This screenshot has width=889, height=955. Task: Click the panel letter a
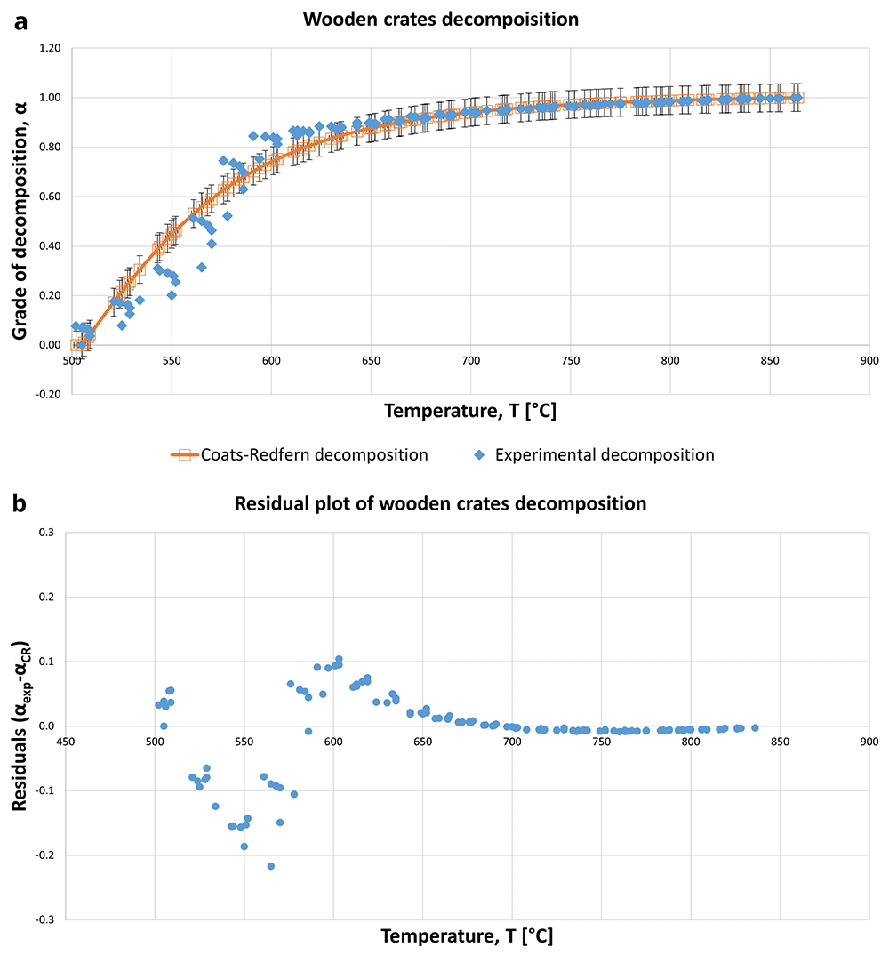click(x=20, y=22)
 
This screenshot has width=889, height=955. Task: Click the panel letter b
click(x=20, y=503)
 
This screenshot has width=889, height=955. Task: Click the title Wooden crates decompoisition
click(x=441, y=20)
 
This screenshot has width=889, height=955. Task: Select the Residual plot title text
click(x=440, y=503)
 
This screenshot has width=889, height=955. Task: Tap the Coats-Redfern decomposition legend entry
click(x=300, y=455)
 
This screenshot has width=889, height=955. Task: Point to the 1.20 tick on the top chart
click(x=51, y=48)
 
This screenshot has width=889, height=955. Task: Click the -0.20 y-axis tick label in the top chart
click(x=49, y=394)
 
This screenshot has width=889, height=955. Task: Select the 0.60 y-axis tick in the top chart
click(x=51, y=197)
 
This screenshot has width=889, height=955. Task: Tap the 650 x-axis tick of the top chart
click(x=371, y=360)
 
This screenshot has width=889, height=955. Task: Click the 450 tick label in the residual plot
click(x=65, y=742)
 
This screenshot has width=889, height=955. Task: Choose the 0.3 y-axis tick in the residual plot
click(x=46, y=533)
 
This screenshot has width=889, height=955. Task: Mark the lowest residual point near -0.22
click(x=271, y=866)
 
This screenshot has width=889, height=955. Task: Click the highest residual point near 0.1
click(x=340, y=659)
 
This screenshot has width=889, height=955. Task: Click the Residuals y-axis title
click(x=20, y=726)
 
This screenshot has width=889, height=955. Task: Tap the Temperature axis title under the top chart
click(x=470, y=411)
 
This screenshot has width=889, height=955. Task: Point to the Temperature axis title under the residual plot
click(x=467, y=935)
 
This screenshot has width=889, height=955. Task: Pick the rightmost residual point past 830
click(x=755, y=728)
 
